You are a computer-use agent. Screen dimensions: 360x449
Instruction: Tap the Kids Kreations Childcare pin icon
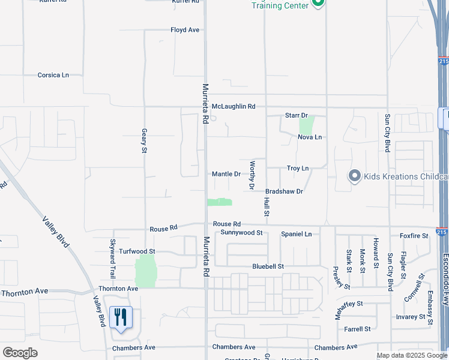pyautogui.click(x=354, y=176)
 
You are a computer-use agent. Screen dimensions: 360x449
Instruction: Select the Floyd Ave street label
pyautogui.click(x=185, y=30)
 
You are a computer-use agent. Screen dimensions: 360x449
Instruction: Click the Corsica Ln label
pyautogui.click(x=53, y=75)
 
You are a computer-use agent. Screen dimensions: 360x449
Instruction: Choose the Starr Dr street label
pyautogui.click(x=296, y=115)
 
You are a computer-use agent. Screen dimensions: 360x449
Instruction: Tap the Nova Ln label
pyautogui.click(x=310, y=137)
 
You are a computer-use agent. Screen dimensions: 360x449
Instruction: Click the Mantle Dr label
pyautogui.click(x=226, y=174)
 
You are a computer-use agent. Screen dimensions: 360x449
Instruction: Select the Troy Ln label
pyautogui.click(x=298, y=169)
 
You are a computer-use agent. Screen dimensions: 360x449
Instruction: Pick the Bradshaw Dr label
pyautogui.click(x=285, y=191)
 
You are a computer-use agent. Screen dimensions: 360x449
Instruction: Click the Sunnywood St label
pyautogui.click(x=242, y=232)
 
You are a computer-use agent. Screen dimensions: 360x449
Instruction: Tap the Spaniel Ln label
pyautogui.click(x=297, y=234)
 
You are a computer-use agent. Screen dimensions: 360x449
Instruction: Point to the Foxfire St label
pyautogui.click(x=414, y=236)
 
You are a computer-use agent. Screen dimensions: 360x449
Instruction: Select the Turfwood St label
pyautogui.click(x=137, y=251)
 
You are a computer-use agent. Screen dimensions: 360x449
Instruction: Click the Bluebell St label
pyautogui.click(x=268, y=266)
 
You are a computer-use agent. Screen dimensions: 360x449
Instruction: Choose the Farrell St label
pyautogui.click(x=357, y=329)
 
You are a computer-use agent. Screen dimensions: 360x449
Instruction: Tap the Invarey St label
pyautogui.click(x=411, y=317)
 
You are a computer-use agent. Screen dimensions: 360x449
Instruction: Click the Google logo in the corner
pyautogui.click(x=20, y=352)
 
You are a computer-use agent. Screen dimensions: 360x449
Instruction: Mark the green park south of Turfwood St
pyautogui.click(x=145, y=271)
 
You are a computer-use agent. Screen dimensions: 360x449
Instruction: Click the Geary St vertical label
pyautogui.click(x=144, y=140)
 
